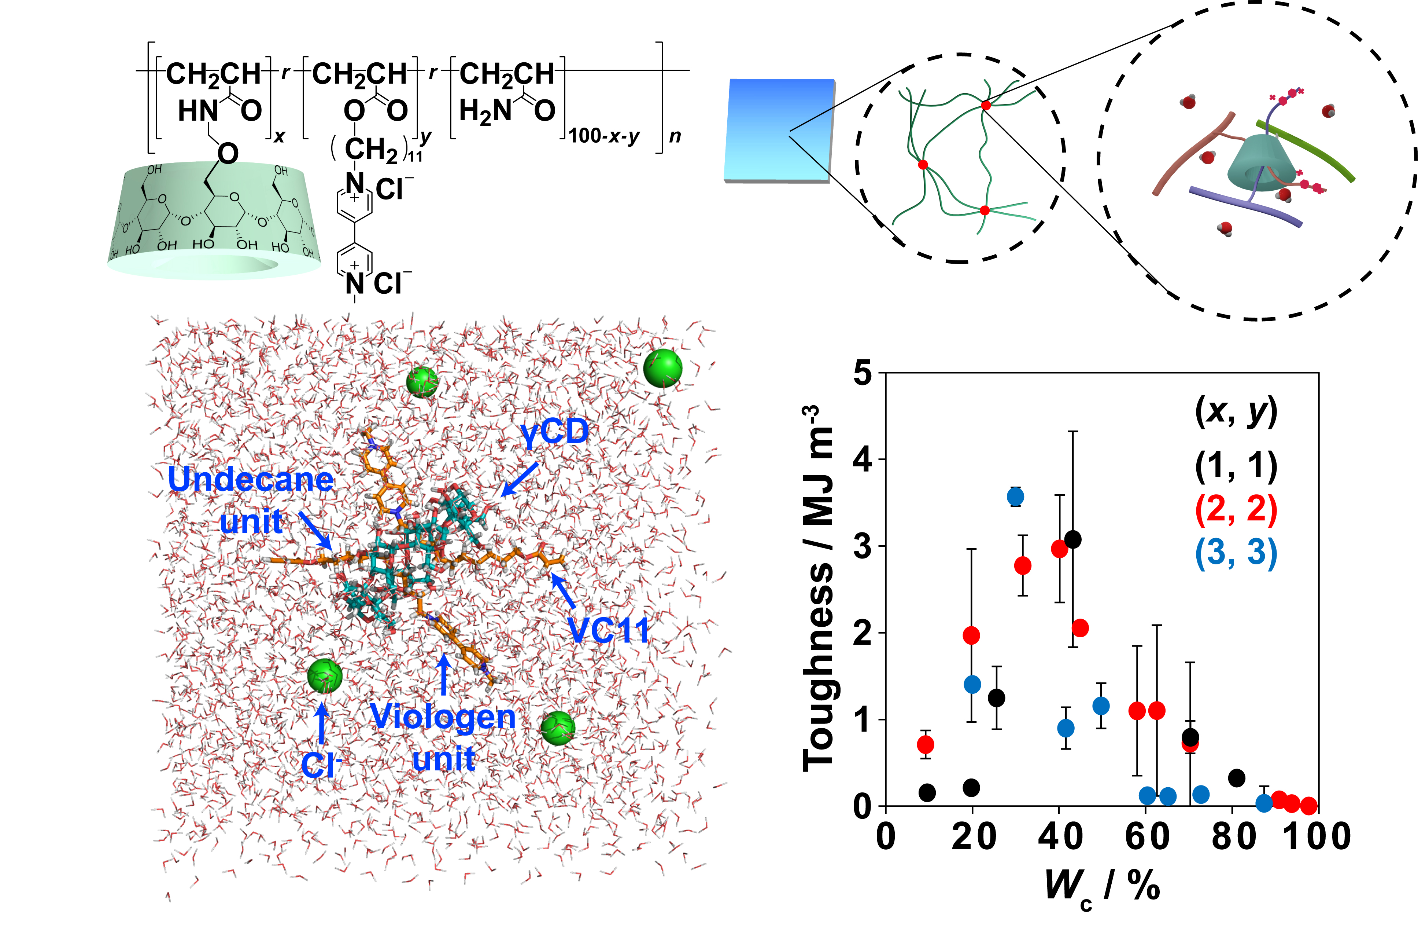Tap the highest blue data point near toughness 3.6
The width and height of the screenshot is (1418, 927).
click(1015, 497)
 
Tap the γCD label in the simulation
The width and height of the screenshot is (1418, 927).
click(554, 432)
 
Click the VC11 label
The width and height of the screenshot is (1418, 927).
click(608, 630)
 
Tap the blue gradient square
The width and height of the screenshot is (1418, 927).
click(779, 130)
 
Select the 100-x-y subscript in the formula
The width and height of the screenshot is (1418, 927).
click(603, 136)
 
